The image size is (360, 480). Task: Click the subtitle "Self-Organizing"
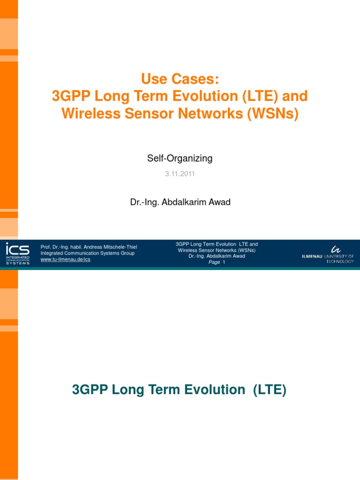[180, 158]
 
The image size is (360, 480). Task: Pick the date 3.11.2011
[180, 174]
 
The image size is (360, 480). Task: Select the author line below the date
[180, 202]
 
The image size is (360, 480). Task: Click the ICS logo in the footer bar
[17, 253]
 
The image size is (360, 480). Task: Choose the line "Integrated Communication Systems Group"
[88, 253]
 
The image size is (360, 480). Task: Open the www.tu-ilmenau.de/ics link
[66, 259]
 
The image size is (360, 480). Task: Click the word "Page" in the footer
[214, 262]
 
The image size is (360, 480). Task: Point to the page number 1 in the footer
[224, 262]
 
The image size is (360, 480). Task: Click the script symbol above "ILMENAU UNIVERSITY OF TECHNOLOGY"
[336, 249]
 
